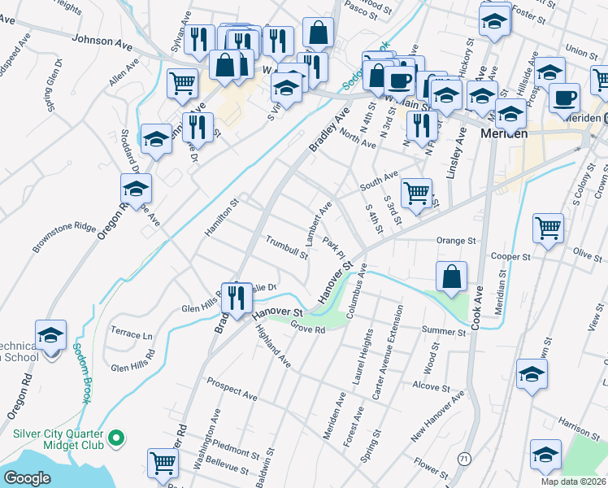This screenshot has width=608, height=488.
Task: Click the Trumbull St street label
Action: pos(287,247)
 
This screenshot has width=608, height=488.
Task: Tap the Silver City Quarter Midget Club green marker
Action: pos(116,439)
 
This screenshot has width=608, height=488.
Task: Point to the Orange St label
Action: pos(455,241)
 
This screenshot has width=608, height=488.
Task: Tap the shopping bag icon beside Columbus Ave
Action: pos(451,276)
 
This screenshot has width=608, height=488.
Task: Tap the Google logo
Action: pos(28,478)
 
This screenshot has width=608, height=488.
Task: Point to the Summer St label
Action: pos(442,330)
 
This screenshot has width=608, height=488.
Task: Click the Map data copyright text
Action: pos(572,481)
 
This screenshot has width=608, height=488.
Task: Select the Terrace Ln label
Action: pos(132,334)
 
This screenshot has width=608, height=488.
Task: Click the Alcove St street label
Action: pos(426,385)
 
